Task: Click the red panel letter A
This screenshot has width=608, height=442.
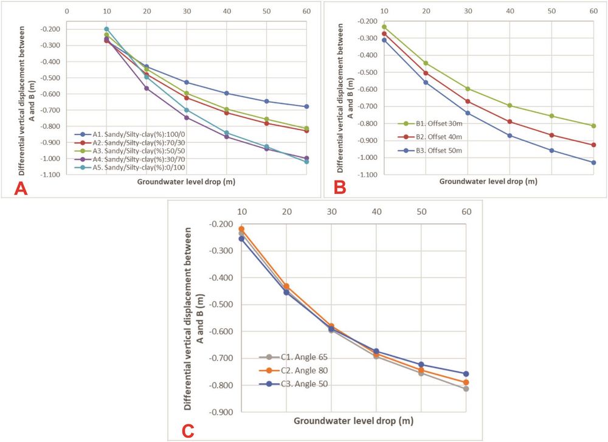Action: (22, 188)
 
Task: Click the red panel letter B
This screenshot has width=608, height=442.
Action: (339, 187)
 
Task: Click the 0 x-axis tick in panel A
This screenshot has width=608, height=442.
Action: (66, 11)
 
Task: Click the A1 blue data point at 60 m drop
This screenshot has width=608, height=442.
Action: (306, 106)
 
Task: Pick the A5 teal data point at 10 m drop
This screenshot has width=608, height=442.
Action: (106, 29)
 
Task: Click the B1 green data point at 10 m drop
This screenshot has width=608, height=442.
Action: (384, 27)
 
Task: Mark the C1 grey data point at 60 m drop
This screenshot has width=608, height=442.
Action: (466, 388)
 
